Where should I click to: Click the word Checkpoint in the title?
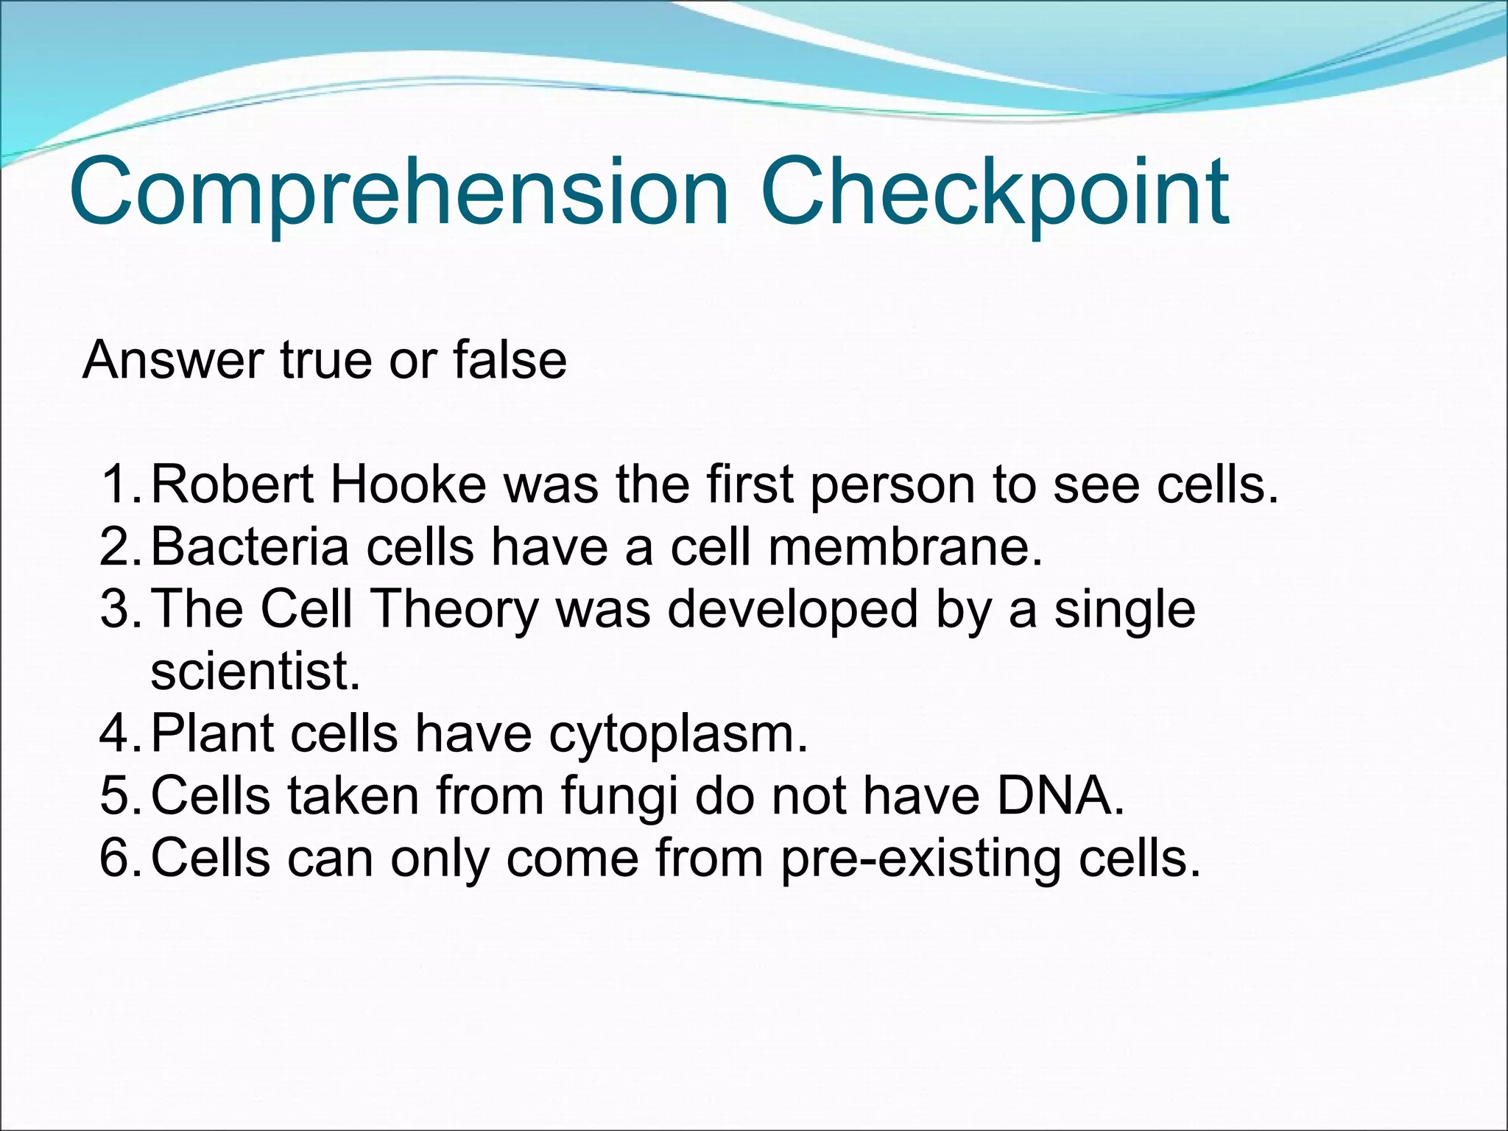point(994,193)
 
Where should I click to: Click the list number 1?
point(118,485)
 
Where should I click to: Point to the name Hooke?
point(409,485)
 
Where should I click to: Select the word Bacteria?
point(250,547)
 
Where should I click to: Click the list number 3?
point(118,610)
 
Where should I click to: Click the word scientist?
point(255,672)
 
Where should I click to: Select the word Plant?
point(213,734)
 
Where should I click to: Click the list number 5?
point(118,797)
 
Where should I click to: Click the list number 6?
point(118,859)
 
